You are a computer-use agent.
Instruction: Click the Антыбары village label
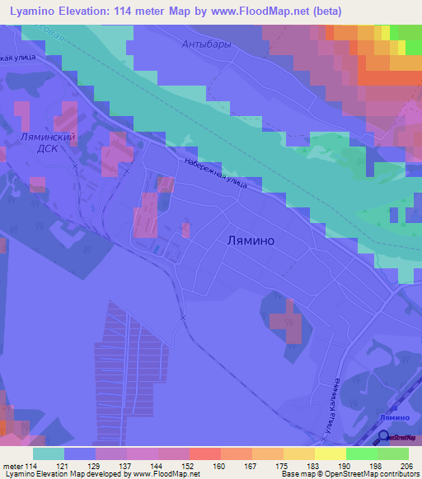(207, 44)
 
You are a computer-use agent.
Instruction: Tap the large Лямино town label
(250, 241)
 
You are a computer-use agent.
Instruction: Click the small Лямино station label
(395, 419)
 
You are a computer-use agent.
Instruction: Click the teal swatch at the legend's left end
(48, 453)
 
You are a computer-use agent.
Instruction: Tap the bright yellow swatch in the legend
(330, 453)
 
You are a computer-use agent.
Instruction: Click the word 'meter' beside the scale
(13, 467)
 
